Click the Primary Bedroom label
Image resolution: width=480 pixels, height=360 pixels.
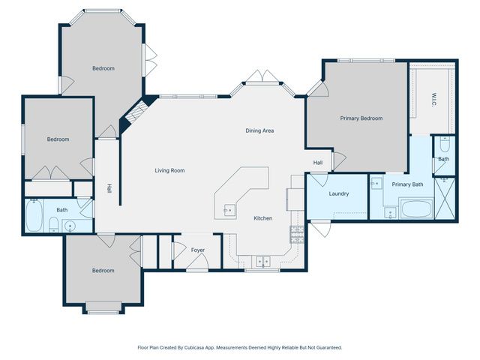[361, 118]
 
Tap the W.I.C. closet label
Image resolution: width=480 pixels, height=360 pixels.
[433, 98]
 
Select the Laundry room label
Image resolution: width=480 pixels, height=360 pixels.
[338, 194]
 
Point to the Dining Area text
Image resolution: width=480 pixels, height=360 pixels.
[259, 130]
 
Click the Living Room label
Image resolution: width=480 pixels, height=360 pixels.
[169, 170]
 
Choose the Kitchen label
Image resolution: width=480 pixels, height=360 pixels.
[262, 218]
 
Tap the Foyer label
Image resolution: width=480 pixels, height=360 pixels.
[197, 250]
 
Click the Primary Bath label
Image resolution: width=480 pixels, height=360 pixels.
[407, 184]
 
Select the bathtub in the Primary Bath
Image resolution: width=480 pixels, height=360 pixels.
[416, 208]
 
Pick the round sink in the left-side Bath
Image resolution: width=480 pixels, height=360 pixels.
[71, 224]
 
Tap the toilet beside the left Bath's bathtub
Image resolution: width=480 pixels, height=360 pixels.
[53, 224]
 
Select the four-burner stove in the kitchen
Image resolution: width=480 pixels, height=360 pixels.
[296, 233]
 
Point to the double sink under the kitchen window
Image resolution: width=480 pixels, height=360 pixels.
[262, 261]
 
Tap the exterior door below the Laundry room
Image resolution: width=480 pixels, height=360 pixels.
[320, 228]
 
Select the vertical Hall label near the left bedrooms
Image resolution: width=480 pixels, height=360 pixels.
[109, 189]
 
